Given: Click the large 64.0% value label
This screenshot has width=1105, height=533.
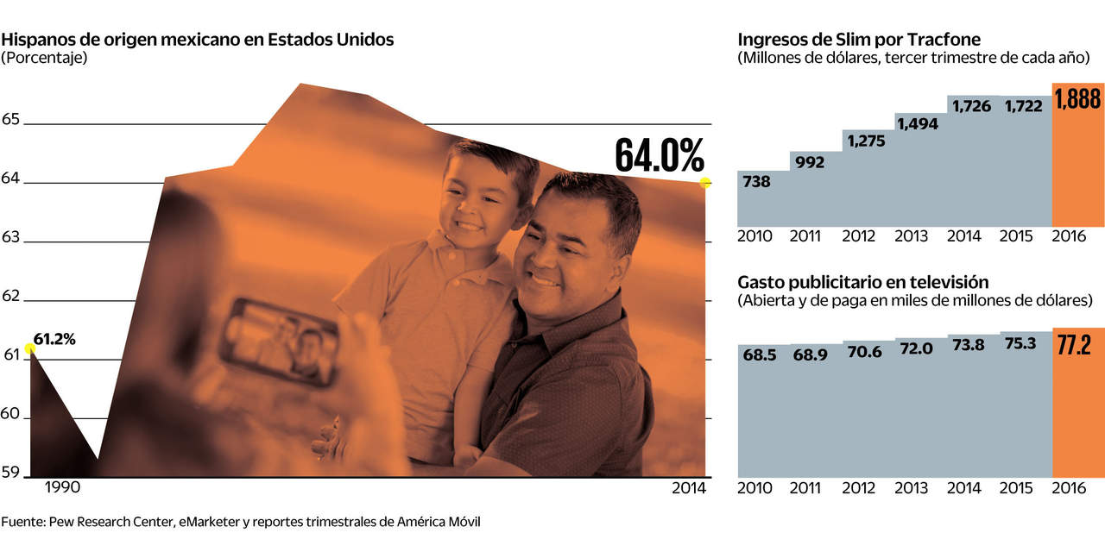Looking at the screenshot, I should tap(660, 155).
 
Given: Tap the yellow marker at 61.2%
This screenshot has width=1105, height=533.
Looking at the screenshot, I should tap(29, 348).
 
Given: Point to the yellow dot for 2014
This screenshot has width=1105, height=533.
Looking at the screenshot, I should tap(705, 182).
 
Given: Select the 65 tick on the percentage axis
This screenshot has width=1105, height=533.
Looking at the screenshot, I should tap(10, 119).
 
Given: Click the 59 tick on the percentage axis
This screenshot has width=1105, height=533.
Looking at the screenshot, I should tap(10, 472).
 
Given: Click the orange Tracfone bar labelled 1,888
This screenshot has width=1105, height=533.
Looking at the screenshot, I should tap(1078, 155).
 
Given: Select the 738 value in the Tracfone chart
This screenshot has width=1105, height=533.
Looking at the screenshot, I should tap(756, 182).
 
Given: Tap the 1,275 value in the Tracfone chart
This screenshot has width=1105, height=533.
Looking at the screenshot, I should tap(866, 141).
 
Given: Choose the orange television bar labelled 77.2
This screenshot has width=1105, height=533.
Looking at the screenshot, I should tap(1078, 405).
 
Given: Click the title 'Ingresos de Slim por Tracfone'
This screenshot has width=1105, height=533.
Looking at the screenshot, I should tap(859, 40).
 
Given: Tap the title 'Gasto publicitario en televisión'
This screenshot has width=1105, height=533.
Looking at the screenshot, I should tap(863, 282).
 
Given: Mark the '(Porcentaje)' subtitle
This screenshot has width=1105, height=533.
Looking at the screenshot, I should tap(45, 58).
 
